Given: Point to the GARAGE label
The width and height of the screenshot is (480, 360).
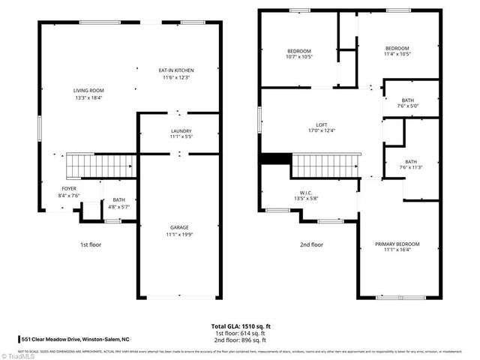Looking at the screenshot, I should (178, 227).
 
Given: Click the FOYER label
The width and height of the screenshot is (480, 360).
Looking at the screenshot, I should (68, 188).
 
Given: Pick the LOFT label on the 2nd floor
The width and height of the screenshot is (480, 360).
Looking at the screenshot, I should (321, 124).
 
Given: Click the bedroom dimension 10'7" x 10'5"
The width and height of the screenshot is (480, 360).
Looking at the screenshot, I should (298, 57).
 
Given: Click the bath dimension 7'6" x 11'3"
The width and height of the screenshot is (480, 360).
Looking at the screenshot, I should (411, 167).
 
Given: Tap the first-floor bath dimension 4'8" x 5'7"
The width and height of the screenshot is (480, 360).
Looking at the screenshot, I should (119, 206).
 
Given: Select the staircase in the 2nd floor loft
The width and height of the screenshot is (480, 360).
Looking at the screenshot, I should (324, 165).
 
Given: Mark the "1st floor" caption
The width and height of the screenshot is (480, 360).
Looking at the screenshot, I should (90, 244).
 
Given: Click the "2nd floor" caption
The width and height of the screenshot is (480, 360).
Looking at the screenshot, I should (312, 244).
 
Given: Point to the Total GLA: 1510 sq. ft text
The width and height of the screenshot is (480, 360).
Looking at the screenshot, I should (240, 327).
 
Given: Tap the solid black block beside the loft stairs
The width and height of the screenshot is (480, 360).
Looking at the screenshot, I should (275, 159).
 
